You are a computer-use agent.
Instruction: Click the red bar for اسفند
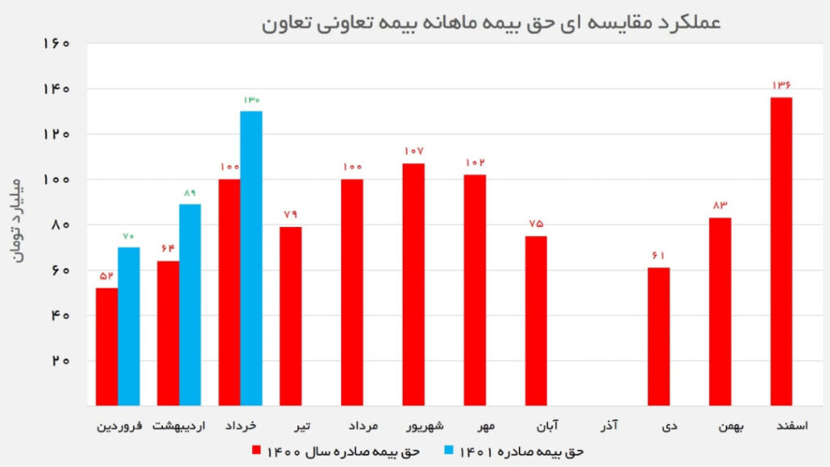pyautogui.click(x=781, y=251)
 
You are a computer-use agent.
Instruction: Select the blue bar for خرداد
pyautogui.click(x=251, y=258)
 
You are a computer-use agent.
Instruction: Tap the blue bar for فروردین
pyautogui.click(x=129, y=326)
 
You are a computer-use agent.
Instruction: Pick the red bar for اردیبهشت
pyautogui.click(x=168, y=332)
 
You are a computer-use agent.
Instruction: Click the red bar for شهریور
pyautogui.click(x=413, y=284)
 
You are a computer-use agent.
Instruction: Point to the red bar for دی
pyautogui.click(x=659, y=336)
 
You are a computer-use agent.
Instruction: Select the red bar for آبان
pyautogui.click(x=536, y=320)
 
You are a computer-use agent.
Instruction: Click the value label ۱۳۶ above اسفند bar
pyautogui.click(x=781, y=85)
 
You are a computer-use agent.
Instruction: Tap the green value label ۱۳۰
pyautogui.click(x=251, y=100)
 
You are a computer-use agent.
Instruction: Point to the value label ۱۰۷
pyautogui.click(x=413, y=152)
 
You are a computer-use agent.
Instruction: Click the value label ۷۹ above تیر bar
pyautogui.click(x=290, y=215)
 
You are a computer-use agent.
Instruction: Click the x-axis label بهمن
pyautogui.click(x=720, y=425)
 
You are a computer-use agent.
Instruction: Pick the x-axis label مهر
pyautogui.click(x=476, y=425)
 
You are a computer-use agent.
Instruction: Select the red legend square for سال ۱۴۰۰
pyautogui.click(x=255, y=450)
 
